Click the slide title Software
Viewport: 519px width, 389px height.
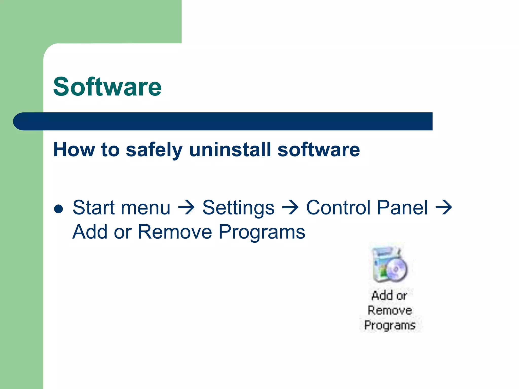click(107, 87)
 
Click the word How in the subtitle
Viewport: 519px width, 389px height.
click(74, 149)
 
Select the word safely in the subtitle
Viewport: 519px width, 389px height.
click(154, 150)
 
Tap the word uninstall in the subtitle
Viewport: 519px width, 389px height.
click(230, 149)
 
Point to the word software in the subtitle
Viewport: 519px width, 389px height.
click(319, 150)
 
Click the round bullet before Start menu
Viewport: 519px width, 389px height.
click(59, 209)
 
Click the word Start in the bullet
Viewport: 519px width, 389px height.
click(94, 208)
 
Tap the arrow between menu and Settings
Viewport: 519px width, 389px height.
click(186, 208)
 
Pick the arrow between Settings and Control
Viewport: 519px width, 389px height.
click(290, 208)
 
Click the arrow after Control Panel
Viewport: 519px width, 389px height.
click(444, 208)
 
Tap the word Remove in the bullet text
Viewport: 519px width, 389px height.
click(175, 232)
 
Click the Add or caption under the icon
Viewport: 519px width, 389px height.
click(389, 296)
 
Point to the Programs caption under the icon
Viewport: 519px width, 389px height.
click(390, 325)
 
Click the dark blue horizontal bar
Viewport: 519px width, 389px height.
click(223, 121)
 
